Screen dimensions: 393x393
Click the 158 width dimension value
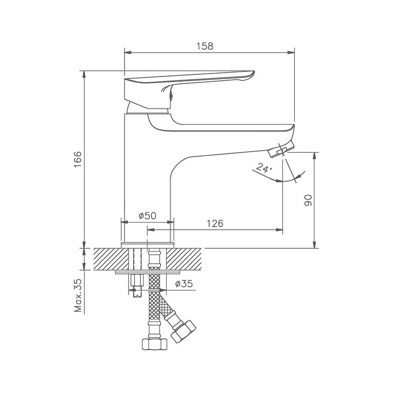point(205,46)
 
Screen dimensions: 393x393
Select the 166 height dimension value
point(78,160)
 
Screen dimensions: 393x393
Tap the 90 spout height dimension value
point(308,200)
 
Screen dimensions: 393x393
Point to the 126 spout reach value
point(215,223)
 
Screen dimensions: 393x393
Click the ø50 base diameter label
point(147,215)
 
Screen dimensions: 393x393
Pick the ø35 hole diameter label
point(184,284)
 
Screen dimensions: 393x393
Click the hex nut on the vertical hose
point(154,344)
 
